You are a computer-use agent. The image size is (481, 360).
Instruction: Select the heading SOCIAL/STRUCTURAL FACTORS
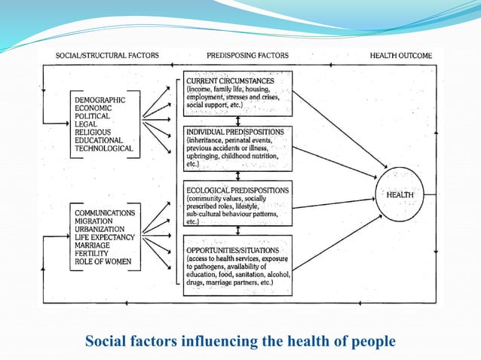(102, 56)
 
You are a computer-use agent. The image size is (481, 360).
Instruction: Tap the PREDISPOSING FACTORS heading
(247, 56)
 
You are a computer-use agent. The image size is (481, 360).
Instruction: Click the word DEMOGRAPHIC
(100, 99)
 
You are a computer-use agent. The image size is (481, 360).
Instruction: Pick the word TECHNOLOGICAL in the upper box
(104, 148)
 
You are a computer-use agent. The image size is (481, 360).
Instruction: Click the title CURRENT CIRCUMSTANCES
(230, 81)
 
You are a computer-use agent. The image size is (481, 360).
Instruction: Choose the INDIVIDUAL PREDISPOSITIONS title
(235, 132)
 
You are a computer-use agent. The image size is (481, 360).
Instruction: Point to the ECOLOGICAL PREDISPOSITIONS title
(235, 189)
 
